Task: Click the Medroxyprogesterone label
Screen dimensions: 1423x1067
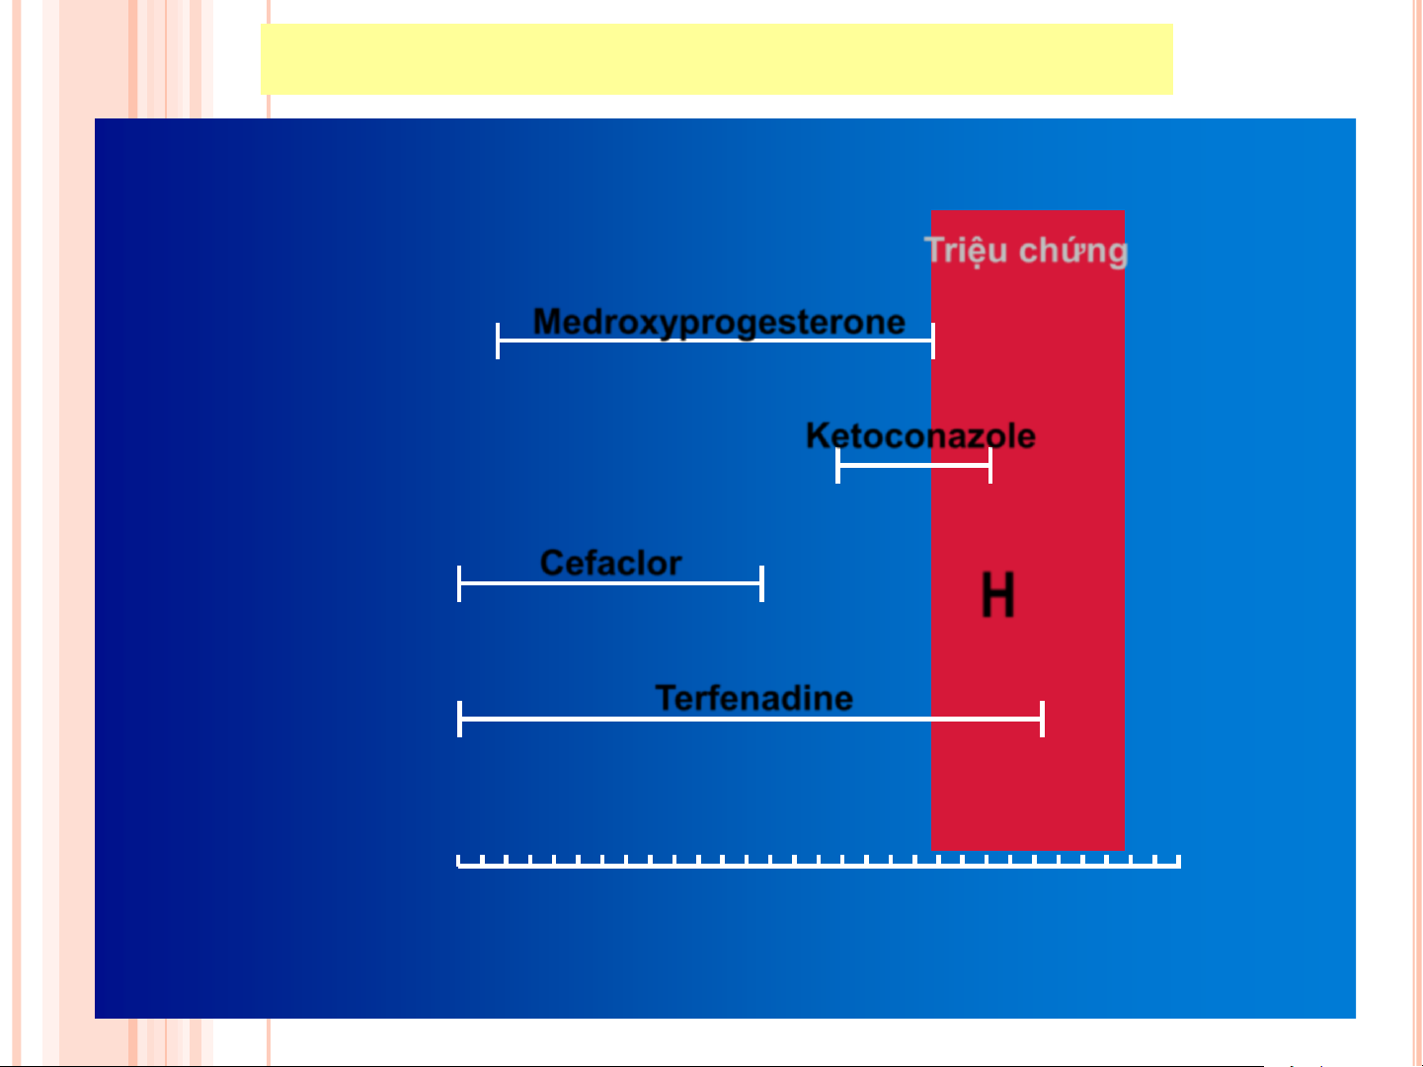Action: [x=719, y=323]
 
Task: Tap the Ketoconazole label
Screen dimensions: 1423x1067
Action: [x=920, y=435]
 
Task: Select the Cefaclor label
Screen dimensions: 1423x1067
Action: [x=610, y=563]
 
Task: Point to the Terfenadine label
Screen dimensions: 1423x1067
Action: [x=754, y=698]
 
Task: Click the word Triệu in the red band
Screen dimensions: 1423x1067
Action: [x=966, y=250]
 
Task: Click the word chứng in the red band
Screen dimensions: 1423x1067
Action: [x=1073, y=252]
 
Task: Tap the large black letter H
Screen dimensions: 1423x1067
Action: [x=997, y=594]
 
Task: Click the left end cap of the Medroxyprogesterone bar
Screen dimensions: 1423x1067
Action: [x=498, y=341]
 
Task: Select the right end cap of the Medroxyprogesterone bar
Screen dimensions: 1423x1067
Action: [x=933, y=341]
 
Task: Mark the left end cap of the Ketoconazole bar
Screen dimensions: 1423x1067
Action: [x=837, y=465]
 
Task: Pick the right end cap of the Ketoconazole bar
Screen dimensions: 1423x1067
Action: [x=990, y=465]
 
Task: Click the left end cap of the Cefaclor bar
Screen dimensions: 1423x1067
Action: [x=459, y=583]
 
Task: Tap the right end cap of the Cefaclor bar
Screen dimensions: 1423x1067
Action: [x=761, y=583]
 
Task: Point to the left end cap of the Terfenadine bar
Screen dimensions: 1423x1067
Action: [x=459, y=720]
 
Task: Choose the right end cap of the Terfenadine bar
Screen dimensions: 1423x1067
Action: [x=1043, y=720]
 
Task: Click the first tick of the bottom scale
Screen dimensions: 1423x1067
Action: [x=458, y=861]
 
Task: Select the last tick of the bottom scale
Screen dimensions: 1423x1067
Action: [x=1179, y=861]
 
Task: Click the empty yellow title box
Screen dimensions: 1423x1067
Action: [x=716, y=59]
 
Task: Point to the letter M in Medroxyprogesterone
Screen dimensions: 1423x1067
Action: [x=548, y=321]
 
